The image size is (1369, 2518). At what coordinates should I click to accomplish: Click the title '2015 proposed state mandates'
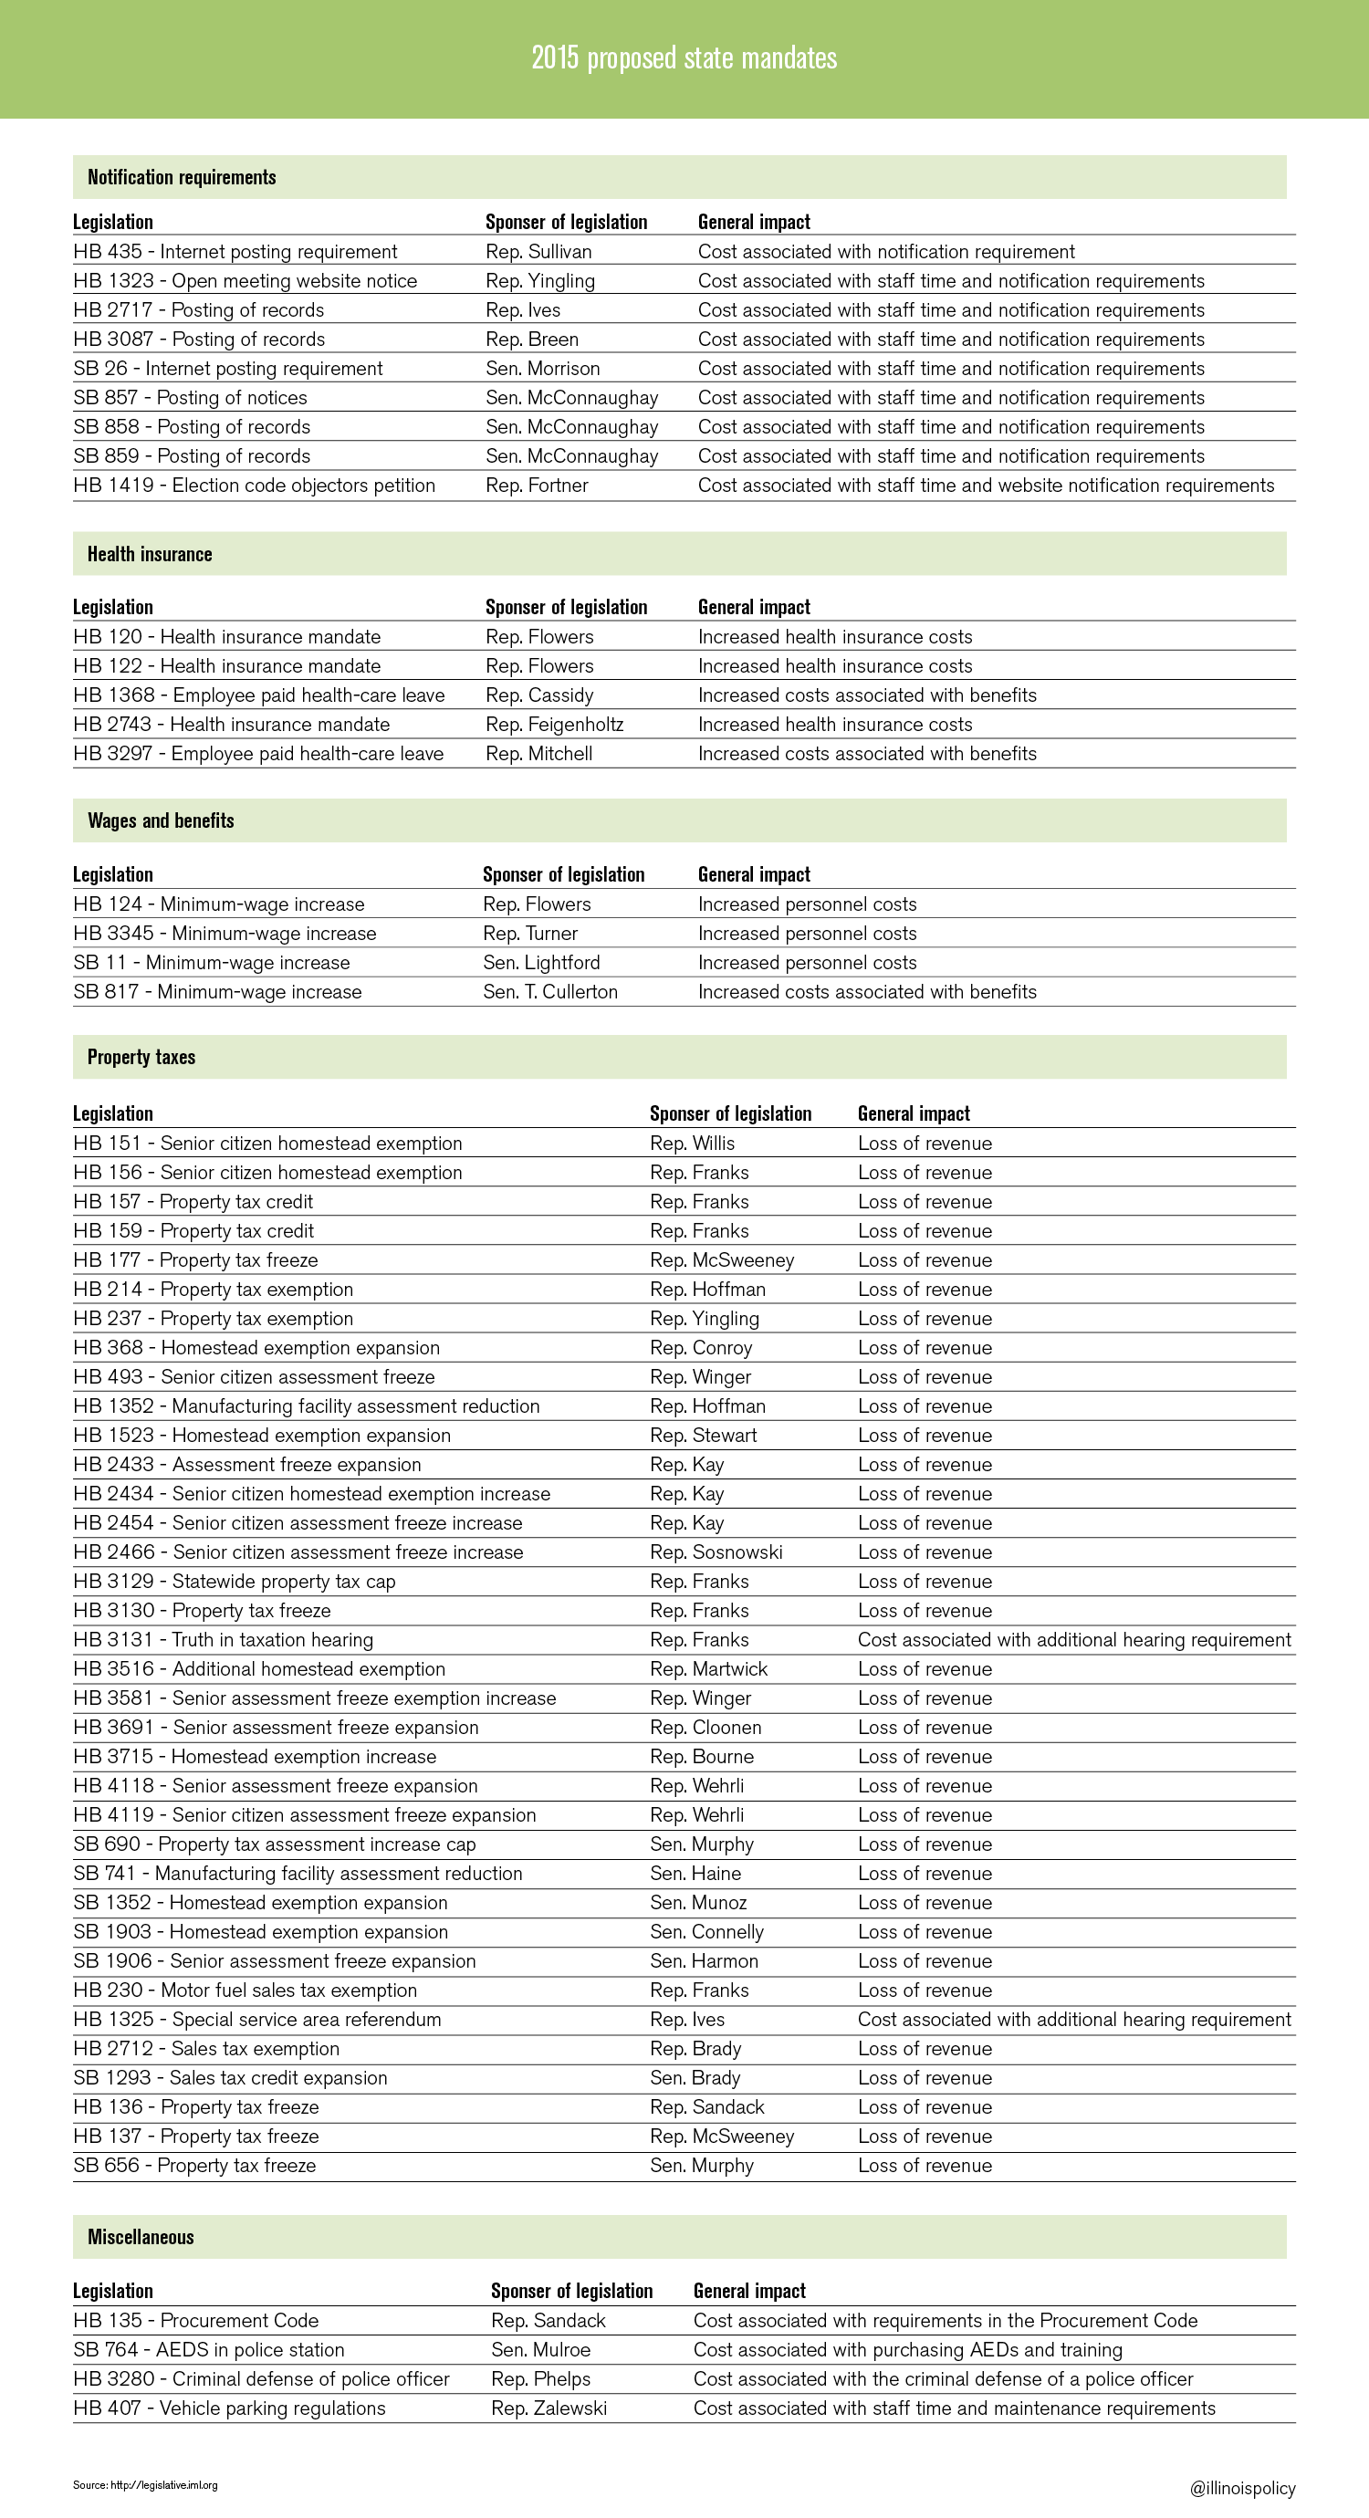tap(684, 57)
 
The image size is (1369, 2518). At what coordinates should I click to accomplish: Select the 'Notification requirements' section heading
tap(182, 177)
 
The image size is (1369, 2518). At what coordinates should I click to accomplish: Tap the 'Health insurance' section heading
tap(150, 554)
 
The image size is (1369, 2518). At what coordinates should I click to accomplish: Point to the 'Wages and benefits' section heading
tap(162, 821)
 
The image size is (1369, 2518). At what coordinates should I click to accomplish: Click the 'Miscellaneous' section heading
tap(141, 2237)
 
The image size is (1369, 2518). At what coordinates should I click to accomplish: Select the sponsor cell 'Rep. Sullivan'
tap(538, 251)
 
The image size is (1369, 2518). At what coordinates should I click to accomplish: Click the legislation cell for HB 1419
tap(254, 485)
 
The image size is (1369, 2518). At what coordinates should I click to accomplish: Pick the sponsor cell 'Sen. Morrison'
tap(542, 369)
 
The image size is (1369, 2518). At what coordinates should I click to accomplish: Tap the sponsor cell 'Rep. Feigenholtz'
tap(554, 725)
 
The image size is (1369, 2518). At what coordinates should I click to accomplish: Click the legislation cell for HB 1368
tap(259, 695)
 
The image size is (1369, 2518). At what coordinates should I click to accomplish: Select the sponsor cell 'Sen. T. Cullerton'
tap(550, 992)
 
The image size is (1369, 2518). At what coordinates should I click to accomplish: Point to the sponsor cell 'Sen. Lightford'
tap(541, 963)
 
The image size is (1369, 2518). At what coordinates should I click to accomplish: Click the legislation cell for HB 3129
tap(235, 1582)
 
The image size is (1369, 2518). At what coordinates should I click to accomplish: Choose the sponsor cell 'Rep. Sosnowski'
tap(716, 1552)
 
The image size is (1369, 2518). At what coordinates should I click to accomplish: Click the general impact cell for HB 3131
tap(1074, 1640)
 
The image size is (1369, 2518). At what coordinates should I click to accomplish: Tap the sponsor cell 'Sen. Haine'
tap(695, 1874)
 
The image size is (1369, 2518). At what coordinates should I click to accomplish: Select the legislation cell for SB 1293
tap(231, 2078)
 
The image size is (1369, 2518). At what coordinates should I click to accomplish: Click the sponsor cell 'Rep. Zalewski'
tap(549, 2408)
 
